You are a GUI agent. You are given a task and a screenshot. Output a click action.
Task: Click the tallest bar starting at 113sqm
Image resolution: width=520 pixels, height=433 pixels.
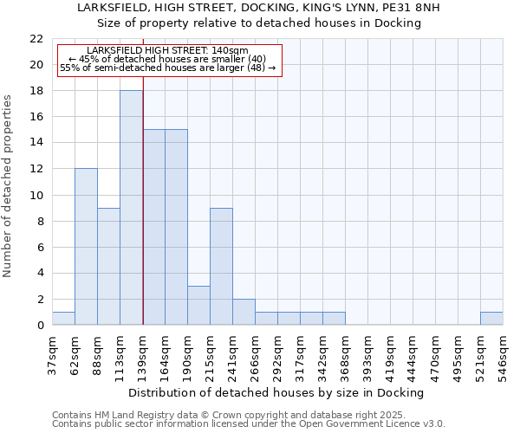(x=131, y=208)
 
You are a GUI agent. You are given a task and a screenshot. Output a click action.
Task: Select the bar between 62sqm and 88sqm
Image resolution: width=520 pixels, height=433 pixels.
(x=86, y=247)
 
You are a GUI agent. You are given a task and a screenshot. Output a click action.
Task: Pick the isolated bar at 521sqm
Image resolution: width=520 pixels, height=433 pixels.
(x=491, y=319)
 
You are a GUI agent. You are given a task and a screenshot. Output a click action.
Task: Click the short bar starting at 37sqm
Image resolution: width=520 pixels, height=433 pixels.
(x=63, y=319)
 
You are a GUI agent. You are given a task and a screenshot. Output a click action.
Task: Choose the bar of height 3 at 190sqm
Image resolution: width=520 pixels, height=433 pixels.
(x=198, y=305)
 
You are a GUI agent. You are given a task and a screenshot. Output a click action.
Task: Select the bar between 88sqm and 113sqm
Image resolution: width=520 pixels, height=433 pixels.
(x=108, y=266)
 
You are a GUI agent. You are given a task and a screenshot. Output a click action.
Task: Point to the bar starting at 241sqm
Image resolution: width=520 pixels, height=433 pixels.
(x=244, y=312)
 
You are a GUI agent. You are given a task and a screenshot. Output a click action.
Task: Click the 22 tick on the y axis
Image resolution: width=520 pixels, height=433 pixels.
(x=36, y=39)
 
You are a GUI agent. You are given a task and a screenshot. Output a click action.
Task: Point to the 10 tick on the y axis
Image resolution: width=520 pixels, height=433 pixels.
(x=36, y=195)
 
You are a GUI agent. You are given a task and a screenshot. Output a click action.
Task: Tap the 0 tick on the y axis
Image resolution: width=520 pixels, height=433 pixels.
(x=39, y=326)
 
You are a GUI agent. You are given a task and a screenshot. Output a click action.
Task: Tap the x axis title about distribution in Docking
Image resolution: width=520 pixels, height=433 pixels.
(x=282, y=392)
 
